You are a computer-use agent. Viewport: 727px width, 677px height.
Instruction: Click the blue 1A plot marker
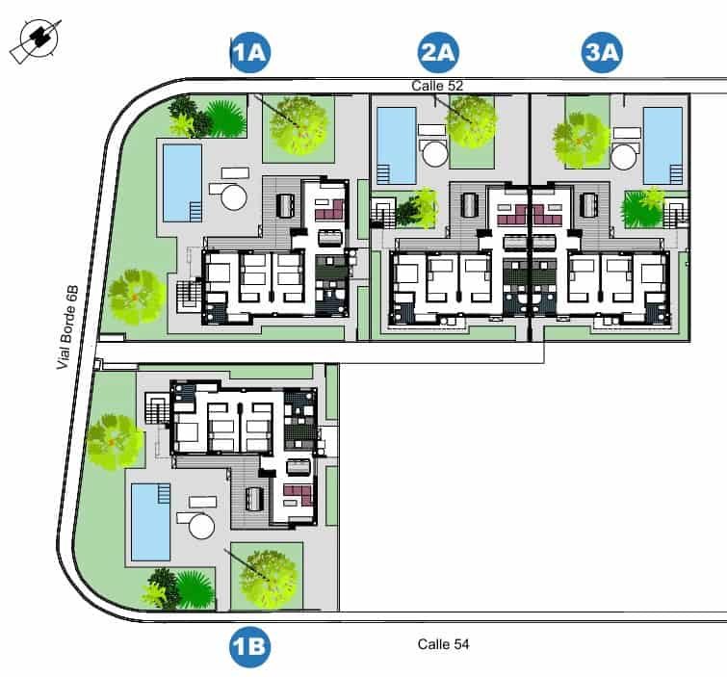click(250, 53)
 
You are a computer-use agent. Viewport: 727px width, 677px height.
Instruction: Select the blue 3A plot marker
click(604, 53)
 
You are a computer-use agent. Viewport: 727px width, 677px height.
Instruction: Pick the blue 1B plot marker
click(249, 647)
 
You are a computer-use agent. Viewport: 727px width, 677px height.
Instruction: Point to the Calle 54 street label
click(443, 642)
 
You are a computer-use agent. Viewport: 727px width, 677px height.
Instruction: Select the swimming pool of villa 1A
click(182, 181)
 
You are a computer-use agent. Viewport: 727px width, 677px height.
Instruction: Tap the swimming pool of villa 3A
click(662, 144)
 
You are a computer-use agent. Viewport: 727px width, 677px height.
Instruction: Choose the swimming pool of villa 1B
click(150, 521)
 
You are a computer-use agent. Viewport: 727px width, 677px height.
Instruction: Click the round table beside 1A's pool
click(233, 197)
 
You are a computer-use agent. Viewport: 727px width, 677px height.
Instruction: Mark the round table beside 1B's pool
click(202, 525)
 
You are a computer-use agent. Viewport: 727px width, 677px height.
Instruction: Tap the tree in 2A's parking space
click(471, 119)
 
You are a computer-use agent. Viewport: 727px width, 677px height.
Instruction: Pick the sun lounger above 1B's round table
click(203, 502)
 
